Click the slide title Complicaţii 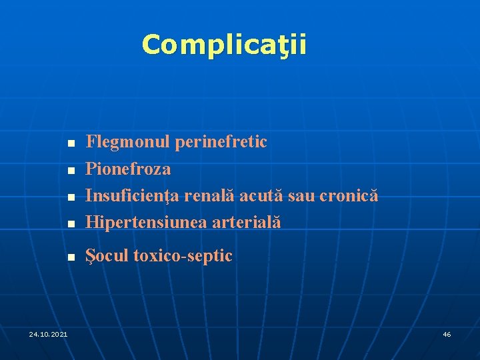pyautogui.click(x=224, y=45)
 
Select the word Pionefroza pyautogui.click(x=129, y=169)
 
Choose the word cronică pyautogui.click(x=349, y=196)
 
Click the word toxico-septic pyautogui.click(x=183, y=256)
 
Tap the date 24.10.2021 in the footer pyautogui.click(x=48, y=333)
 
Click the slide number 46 pyautogui.click(x=447, y=333)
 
